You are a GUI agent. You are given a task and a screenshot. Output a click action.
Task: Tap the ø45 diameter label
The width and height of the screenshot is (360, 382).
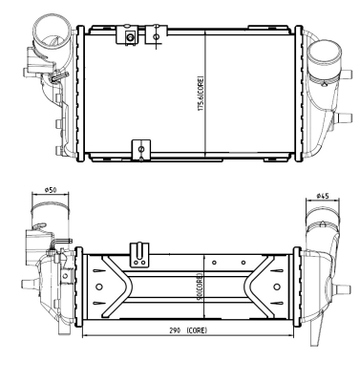(324, 197)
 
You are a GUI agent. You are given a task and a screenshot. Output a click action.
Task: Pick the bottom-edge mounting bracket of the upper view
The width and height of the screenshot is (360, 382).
(141, 150)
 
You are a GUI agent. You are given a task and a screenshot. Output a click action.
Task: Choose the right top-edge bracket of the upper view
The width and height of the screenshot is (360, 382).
(154, 34)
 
